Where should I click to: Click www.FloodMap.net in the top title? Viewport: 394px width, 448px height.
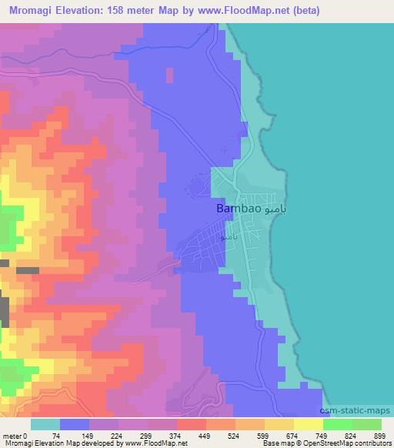click(x=245, y=11)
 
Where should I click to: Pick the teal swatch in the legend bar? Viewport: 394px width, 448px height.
click(x=45, y=424)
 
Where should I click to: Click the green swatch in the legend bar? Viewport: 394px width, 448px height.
click(x=337, y=424)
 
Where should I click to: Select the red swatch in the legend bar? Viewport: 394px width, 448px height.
click(x=191, y=424)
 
